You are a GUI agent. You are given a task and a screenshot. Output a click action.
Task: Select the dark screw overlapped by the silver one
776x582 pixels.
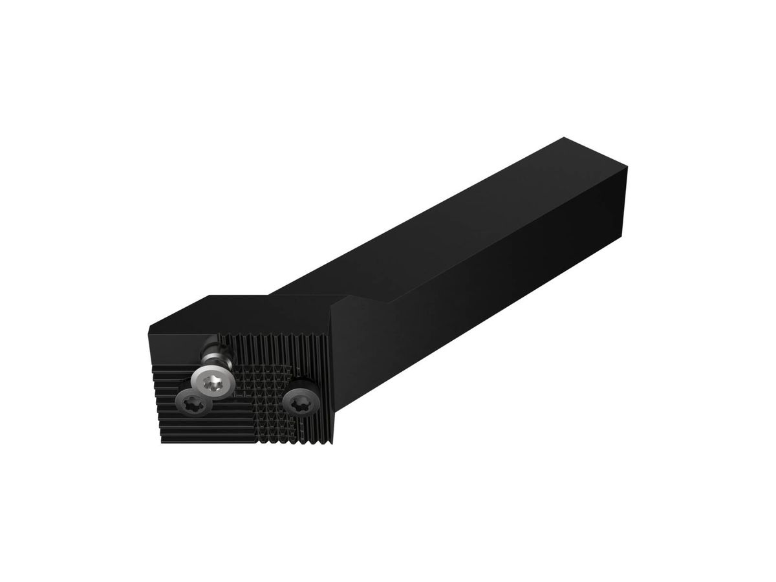tap(195, 405)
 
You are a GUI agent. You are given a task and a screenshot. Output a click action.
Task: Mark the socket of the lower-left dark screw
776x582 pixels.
tap(193, 407)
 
